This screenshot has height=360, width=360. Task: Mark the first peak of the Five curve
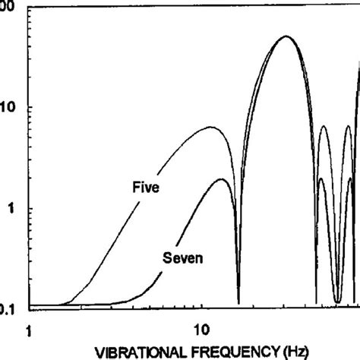pyautogui.click(x=211, y=128)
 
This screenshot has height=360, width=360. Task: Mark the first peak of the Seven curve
pyautogui.click(x=221, y=179)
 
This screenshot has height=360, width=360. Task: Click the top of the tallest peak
pyautogui.click(x=286, y=36)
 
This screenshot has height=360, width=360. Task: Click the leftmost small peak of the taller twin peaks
pyautogui.click(x=324, y=126)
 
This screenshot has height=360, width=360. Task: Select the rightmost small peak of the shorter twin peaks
pyautogui.click(x=350, y=178)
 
